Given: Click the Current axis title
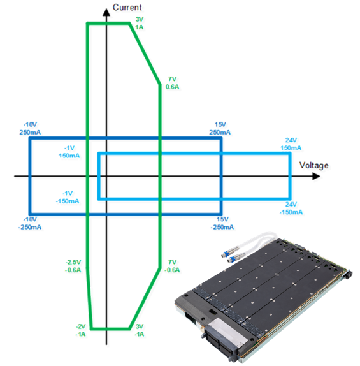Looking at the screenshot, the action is (x=127, y=8).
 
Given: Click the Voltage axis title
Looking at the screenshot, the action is (x=313, y=165).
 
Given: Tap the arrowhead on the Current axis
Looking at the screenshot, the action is (x=106, y=13).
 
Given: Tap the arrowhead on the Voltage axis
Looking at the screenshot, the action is (x=316, y=176).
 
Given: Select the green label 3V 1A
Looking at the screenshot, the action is (x=140, y=23).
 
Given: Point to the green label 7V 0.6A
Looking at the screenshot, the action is (x=172, y=83).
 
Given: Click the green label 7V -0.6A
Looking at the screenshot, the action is (x=172, y=266).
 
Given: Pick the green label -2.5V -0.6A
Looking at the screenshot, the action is (x=73, y=266).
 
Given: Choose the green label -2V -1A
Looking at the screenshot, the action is (x=80, y=330).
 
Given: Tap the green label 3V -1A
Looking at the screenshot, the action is (x=140, y=330).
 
